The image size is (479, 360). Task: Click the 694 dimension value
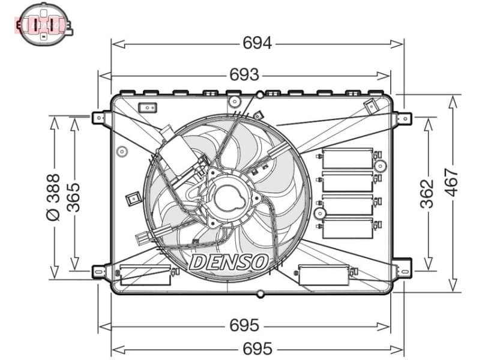pyautogui.click(x=257, y=43)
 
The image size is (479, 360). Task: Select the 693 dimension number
pyautogui.click(x=244, y=75)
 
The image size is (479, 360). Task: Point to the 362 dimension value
pyautogui.click(x=427, y=193)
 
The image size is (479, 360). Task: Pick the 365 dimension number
pyautogui.click(x=73, y=193)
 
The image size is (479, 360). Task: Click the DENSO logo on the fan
pyautogui.click(x=228, y=262)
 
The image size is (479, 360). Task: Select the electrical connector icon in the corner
pyautogui.click(x=43, y=24)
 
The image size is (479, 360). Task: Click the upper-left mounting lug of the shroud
pyautogui.click(x=100, y=117)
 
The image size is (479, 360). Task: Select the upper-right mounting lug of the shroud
pyautogui.click(x=404, y=118)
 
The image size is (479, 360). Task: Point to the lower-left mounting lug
pyautogui.click(x=100, y=272)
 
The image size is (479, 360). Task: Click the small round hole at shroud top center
pyautogui.click(x=260, y=95)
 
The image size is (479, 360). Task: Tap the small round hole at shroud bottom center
pyautogui.click(x=260, y=294)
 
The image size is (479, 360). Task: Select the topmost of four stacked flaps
pyautogui.click(x=348, y=158)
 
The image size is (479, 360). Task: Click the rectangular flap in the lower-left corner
pyautogui.click(x=145, y=274)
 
